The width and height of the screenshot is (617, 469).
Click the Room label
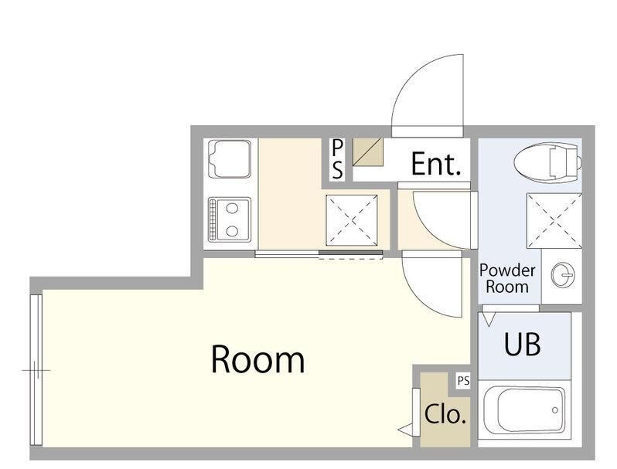[x=257, y=359]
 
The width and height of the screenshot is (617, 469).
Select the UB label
[x=522, y=344]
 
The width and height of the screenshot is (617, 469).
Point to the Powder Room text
[x=507, y=278]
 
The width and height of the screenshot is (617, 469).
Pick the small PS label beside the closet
[x=463, y=381]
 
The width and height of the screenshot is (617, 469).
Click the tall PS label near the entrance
[x=337, y=159]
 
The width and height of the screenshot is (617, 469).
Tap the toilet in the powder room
[x=547, y=161]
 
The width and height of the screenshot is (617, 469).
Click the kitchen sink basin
[x=231, y=158]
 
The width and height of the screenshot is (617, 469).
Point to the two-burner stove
[x=230, y=219]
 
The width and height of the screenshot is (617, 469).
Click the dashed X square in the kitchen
[x=352, y=220]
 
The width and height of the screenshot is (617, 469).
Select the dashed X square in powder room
[x=554, y=220]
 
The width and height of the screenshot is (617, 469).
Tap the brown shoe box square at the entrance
[x=368, y=152]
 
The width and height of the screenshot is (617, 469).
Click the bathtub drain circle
[x=555, y=410]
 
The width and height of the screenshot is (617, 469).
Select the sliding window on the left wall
[x=36, y=370]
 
